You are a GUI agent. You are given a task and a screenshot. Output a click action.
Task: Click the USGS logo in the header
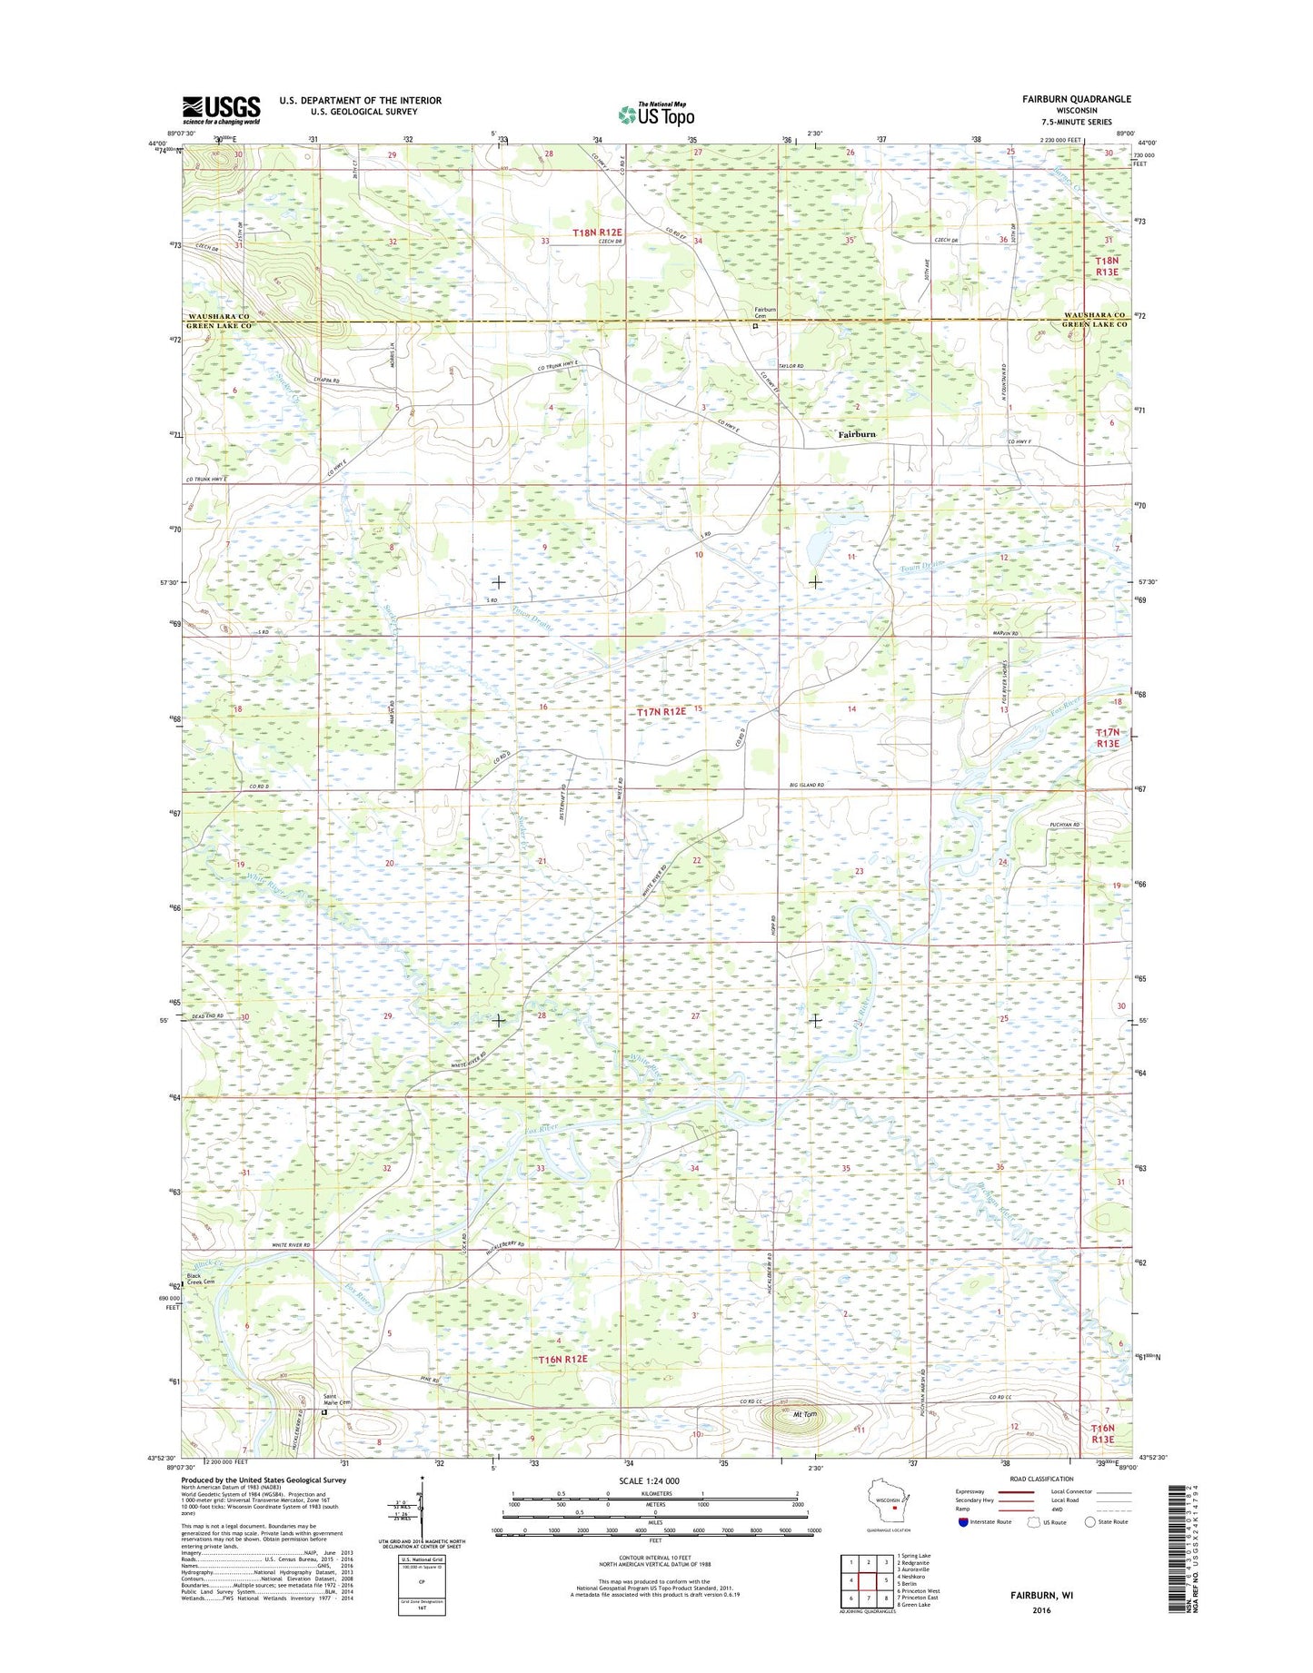(221, 110)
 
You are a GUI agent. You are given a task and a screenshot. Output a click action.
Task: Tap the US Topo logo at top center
(656, 114)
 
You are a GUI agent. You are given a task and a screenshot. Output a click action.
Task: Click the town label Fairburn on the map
(856, 434)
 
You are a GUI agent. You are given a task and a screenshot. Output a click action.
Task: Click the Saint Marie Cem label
(337, 1400)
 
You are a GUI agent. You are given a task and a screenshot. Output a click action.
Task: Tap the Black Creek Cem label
(200, 1278)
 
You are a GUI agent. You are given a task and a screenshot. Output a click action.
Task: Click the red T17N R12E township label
(661, 712)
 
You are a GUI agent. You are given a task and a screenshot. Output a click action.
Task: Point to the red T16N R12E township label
(562, 1359)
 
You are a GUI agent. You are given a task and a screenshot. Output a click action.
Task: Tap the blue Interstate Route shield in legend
(962, 1521)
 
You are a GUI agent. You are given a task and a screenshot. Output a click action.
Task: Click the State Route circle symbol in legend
(1090, 1521)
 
